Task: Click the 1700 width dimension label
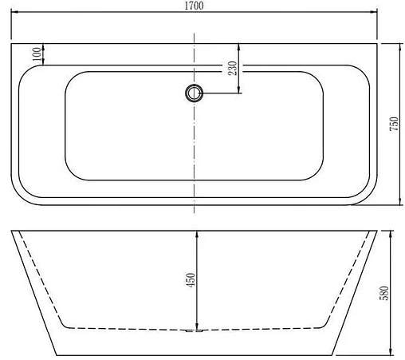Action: [195, 6]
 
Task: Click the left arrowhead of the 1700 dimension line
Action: [14, 13]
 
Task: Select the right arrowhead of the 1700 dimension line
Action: [375, 13]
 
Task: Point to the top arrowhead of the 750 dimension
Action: [393, 45]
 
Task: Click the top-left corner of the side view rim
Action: [11, 231]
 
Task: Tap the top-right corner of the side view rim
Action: [378, 231]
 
